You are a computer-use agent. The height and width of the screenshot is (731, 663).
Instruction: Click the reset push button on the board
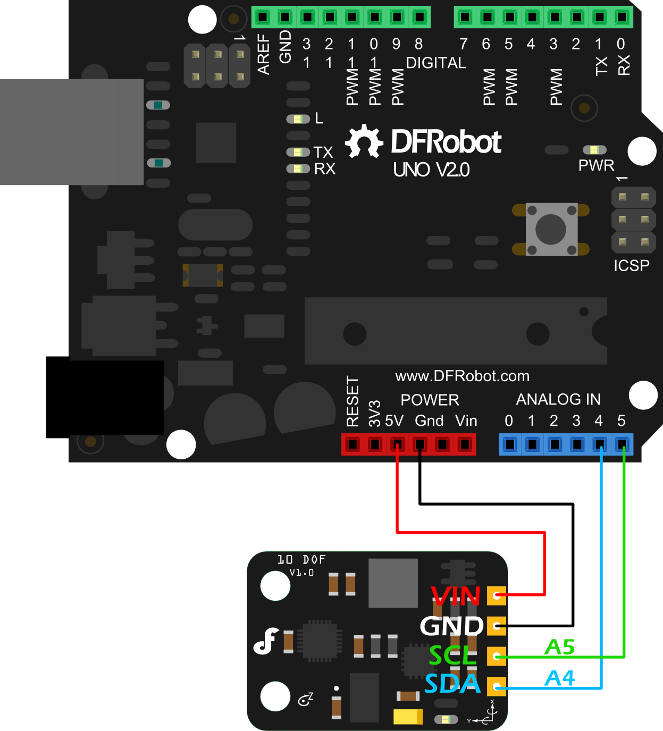[551, 229]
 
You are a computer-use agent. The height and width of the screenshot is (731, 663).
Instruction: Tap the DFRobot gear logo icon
[364, 141]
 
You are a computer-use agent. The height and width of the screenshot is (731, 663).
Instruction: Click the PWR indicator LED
[594, 150]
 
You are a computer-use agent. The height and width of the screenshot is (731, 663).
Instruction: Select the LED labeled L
[298, 119]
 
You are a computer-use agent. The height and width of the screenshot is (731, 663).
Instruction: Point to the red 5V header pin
[397, 444]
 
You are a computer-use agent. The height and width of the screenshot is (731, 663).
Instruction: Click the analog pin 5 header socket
[622, 444]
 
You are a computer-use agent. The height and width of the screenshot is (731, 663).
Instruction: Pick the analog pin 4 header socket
[600, 444]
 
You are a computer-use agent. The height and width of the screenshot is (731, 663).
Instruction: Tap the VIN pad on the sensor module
[497, 595]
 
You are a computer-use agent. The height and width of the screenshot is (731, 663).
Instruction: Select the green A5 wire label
[560, 648]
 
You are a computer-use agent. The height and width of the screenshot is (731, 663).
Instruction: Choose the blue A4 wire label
[560, 678]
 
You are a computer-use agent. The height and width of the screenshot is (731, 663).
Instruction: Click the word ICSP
[632, 265]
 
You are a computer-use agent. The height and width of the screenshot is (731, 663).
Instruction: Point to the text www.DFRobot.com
[462, 376]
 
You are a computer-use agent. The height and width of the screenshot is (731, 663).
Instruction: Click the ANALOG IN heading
[558, 399]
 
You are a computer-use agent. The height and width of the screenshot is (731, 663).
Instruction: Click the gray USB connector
[72, 132]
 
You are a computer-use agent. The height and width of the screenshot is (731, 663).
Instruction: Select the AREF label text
[264, 54]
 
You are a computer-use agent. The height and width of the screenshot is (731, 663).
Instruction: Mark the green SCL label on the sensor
[453, 656]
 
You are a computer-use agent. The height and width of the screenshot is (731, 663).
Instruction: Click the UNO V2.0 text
[431, 170]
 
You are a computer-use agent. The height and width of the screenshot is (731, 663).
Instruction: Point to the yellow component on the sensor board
[408, 717]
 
